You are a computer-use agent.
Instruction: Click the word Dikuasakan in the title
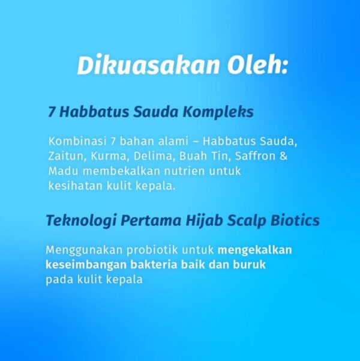pyautogui.click(x=149, y=65)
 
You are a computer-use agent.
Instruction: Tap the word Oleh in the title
pyautogui.click(x=256, y=65)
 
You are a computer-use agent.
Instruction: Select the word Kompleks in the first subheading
pyautogui.click(x=218, y=112)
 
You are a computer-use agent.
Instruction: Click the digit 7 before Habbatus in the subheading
pyautogui.click(x=52, y=112)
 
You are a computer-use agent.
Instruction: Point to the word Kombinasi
pyautogui.click(x=77, y=141)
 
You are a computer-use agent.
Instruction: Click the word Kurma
pyautogui.click(x=109, y=156)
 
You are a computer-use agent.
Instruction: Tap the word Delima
pyautogui.click(x=153, y=156)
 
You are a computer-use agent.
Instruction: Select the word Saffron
pyautogui.click(x=255, y=156)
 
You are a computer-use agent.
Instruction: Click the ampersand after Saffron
pyautogui.click(x=284, y=156)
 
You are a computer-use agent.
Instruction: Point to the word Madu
pyautogui.click(x=63, y=171)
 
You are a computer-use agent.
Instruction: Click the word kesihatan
pyautogui.click(x=75, y=186)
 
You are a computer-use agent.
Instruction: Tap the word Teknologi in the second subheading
pyautogui.click(x=81, y=220)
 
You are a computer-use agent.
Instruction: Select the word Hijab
pyautogui.click(x=204, y=220)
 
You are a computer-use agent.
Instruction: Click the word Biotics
pyautogui.click(x=295, y=220)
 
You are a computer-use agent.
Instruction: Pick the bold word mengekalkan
pyautogui.click(x=254, y=250)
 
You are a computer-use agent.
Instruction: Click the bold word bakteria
pyautogui.click(x=154, y=264)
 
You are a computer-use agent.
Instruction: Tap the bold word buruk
pyautogui.click(x=249, y=264)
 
